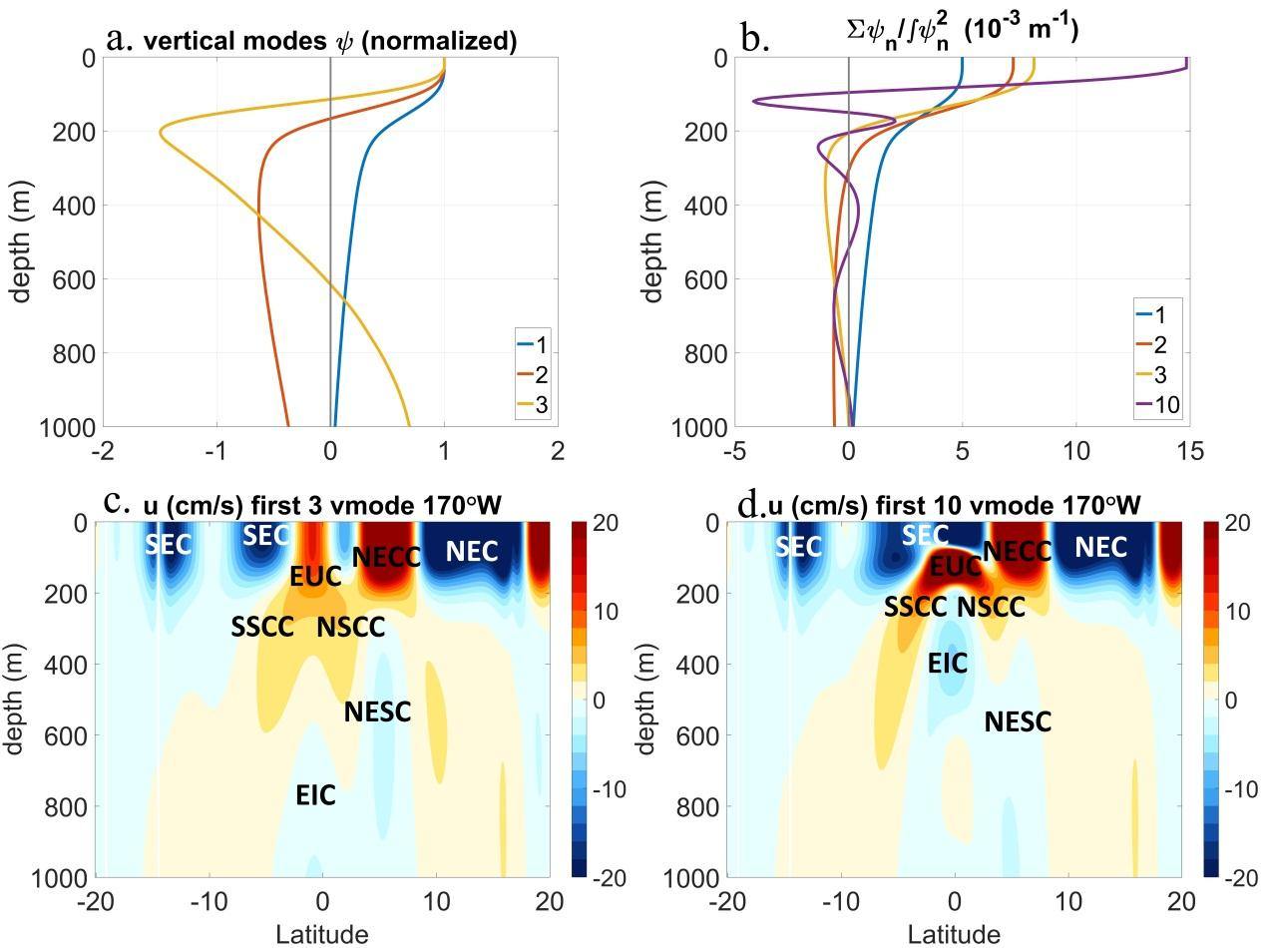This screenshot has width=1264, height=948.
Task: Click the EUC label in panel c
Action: (x=315, y=576)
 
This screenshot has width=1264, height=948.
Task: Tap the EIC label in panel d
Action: (x=948, y=662)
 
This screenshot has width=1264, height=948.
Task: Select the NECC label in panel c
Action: (x=387, y=557)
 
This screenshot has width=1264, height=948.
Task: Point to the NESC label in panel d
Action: (x=1018, y=721)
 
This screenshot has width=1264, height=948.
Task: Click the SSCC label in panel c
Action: (x=262, y=628)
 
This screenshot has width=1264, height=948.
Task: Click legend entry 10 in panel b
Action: (x=1166, y=404)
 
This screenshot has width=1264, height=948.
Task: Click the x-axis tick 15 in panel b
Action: (x=1188, y=452)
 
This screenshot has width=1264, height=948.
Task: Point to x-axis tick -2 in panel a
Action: (x=102, y=452)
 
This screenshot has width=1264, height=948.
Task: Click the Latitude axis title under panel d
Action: (x=954, y=935)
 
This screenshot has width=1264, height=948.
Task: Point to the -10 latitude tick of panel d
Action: (x=841, y=902)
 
